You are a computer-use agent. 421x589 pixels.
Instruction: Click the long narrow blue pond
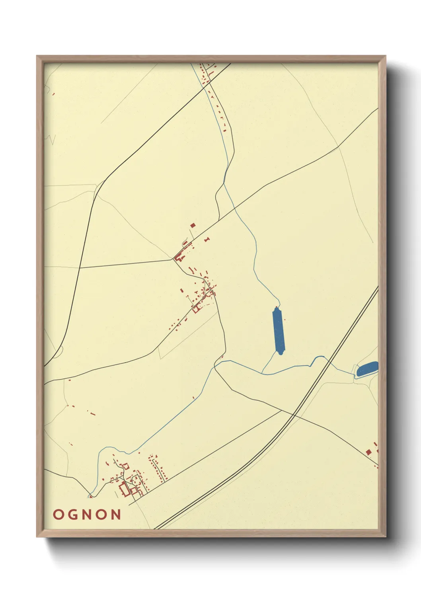[x=279, y=330]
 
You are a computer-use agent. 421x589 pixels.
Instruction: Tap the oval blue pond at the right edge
[x=367, y=369]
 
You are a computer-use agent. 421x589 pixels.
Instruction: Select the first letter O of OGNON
[x=58, y=515]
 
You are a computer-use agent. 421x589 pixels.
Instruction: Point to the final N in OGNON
[x=115, y=515]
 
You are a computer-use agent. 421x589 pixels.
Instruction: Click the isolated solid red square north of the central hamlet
[x=193, y=225]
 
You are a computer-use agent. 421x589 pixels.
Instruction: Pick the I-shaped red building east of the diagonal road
[x=207, y=240]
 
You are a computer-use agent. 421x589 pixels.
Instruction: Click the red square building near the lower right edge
[x=368, y=452]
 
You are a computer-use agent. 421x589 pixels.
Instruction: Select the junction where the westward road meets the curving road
[x=80, y=268]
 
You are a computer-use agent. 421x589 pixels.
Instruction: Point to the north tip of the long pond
[x=277, y=307]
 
